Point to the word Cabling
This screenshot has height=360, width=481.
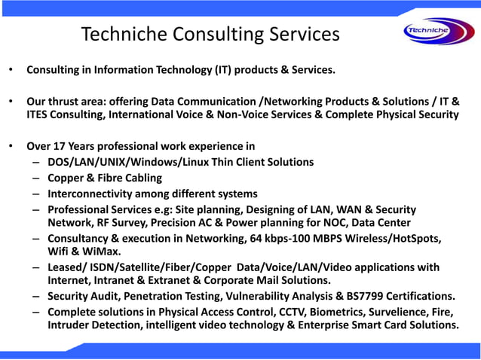point(141,178)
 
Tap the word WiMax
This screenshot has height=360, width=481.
point(102,251)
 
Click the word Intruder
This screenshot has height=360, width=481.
point(69,325)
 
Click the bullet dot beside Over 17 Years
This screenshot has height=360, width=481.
point(11,146)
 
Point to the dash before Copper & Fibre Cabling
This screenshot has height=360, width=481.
point(36,178)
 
